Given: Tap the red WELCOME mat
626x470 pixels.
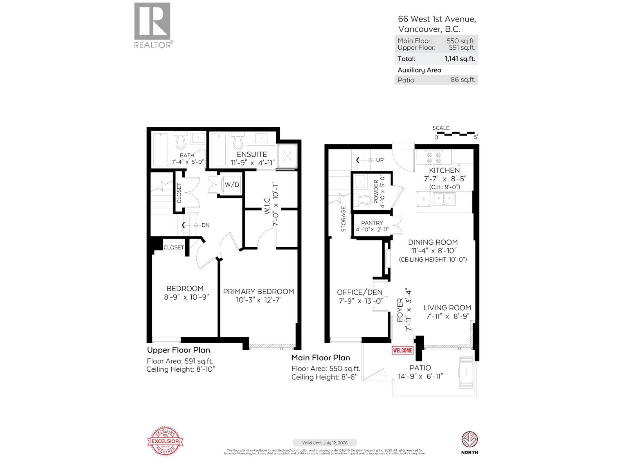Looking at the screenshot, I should [x=402, y=350].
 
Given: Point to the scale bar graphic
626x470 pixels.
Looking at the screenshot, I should [x=455, y=134].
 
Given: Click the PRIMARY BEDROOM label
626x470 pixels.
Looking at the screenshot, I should [x=258, y=291].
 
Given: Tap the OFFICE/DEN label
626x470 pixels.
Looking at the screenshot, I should [x=360, y=292].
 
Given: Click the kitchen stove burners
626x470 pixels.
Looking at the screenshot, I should [x=434, y=157].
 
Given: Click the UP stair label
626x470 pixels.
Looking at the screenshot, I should [x=380, y=160].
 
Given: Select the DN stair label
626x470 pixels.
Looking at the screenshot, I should [x=205, y=225].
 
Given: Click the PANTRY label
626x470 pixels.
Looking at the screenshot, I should [x=372, y=222].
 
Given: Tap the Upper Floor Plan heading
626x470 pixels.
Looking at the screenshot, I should [x=178, y=350].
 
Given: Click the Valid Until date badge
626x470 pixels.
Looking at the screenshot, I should [x=324, y=443].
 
